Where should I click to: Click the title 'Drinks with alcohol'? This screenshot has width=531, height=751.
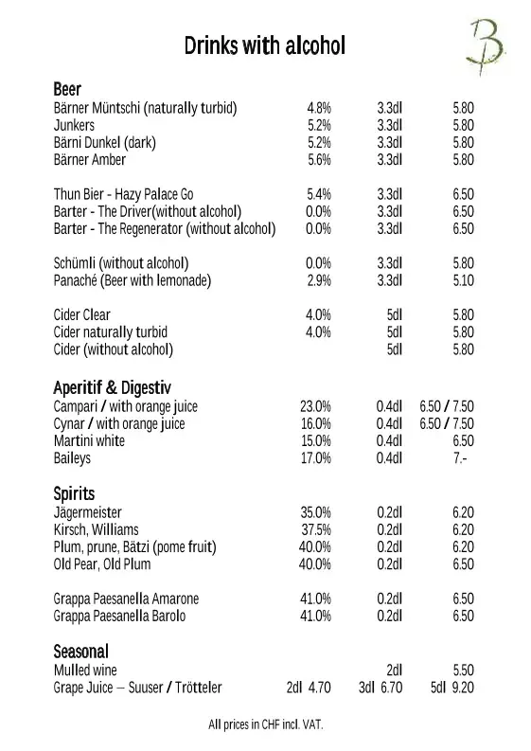click(265, 45)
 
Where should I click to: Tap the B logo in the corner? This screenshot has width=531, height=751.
click(486, 43)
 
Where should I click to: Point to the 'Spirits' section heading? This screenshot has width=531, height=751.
click(75, 493)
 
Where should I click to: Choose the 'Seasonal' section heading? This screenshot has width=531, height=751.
click(81, 652)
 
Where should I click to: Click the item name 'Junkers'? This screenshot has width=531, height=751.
click(75, 125)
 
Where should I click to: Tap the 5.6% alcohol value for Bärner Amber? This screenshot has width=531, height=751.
click(319, 160)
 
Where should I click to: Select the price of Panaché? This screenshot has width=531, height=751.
click(463, 280)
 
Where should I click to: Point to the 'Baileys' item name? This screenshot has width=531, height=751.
click(73, 458)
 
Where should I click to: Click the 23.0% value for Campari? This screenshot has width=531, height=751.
click(316, 406)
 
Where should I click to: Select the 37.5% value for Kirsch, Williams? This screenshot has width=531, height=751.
click(316, 529)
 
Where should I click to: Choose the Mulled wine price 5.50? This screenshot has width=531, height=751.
click(463, 670)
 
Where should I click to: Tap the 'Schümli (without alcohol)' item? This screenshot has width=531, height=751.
click(121, 262)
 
